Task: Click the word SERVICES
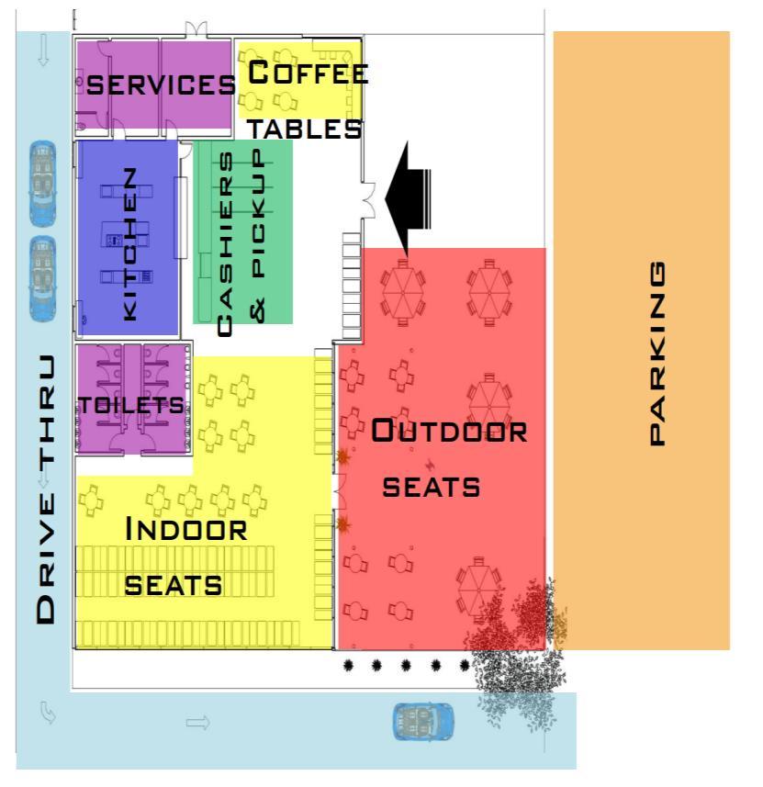click(161, 85)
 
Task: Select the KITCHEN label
click(130, 242)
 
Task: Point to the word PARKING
click(657, 354)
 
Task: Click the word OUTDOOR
click(449, 432)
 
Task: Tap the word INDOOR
click(186, 530)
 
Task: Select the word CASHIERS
click(224, 242)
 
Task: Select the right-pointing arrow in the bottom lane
click(198, 724)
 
